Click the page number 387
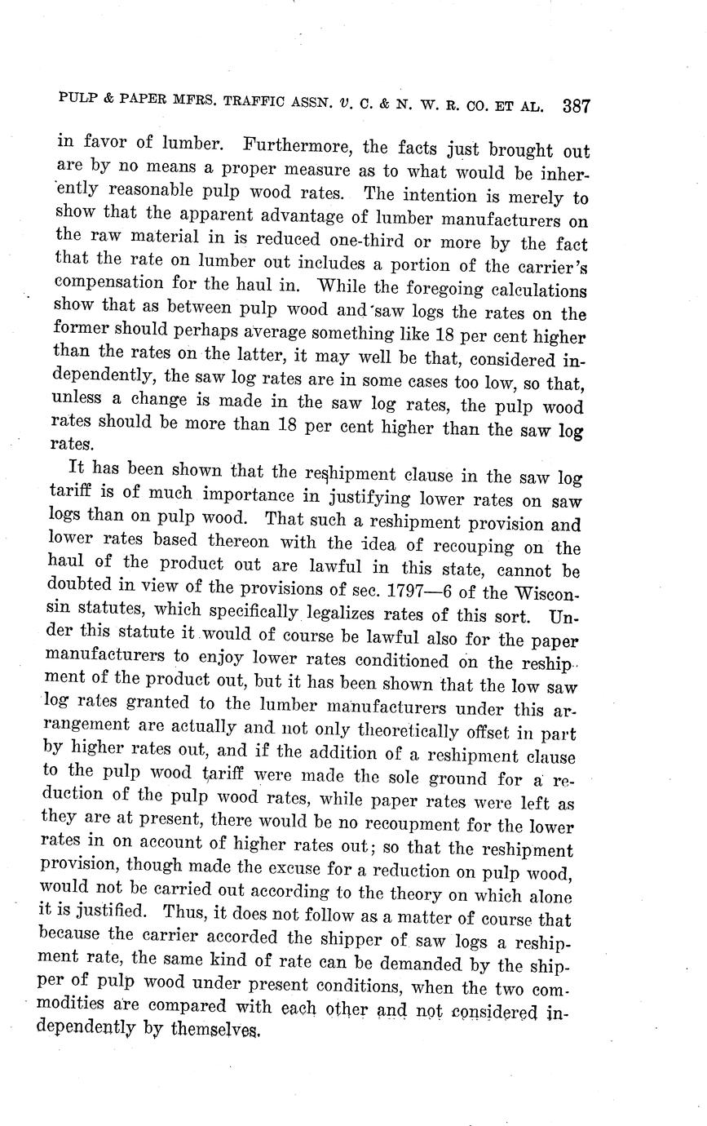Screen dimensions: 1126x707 point(576,106)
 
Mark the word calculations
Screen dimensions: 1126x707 point(537,290)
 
